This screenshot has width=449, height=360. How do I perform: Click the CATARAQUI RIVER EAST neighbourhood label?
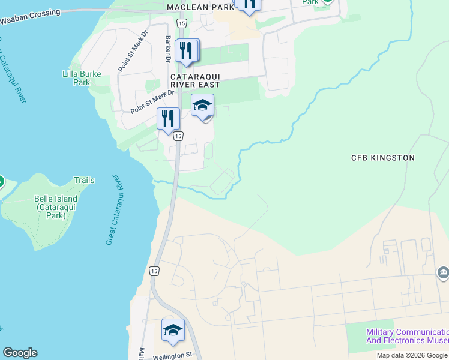click(195, 81)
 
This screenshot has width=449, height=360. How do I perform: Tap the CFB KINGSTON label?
click(383, 158)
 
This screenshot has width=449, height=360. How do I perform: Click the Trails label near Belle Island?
click(84, 180)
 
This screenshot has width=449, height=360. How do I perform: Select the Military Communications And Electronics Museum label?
click(406, 336)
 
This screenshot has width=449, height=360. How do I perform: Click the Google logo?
click(20, 353)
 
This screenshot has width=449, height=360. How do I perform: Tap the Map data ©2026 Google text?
click(412, 355)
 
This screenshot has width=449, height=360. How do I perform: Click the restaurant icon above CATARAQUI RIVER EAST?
click(187, 52)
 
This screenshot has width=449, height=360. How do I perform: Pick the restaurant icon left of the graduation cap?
click(168, 118)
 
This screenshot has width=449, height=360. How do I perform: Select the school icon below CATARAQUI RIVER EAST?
click(202, 107)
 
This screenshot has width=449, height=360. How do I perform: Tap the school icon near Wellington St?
click(173, 331)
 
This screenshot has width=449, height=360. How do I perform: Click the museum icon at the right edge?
click(443, 273)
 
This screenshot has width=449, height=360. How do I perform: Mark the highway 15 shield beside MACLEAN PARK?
click(182, 22)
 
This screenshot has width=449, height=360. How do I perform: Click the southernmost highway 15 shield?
click(154, 271)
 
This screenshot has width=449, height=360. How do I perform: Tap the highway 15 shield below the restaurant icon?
click(178, 137)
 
